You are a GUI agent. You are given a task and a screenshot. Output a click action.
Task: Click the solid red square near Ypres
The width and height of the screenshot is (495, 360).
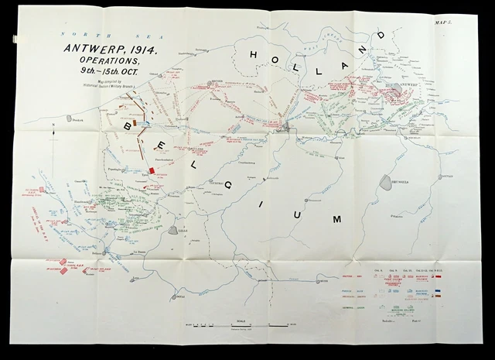(153, 170)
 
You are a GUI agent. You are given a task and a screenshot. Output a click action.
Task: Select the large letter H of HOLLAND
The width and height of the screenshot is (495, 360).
(256, 53)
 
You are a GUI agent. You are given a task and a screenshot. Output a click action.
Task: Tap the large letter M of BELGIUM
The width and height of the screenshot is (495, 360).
(336, 220)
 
